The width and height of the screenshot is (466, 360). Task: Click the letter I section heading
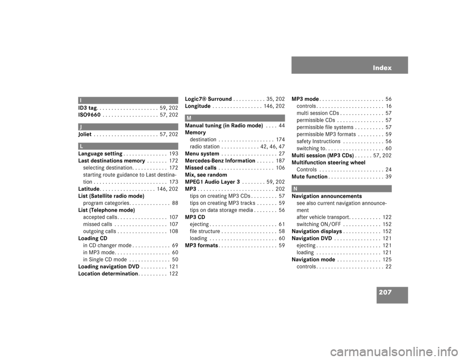click(x=81, y=100)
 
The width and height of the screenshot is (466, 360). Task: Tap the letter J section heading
click(x=81, y=127)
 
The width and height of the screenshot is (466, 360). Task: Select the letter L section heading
click(x=81, y=146)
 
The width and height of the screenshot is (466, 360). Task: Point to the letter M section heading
click(x=188, y=118)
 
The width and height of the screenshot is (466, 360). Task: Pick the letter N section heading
click(x=295, y=189)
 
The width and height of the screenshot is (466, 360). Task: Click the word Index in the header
click(x=382, y=68)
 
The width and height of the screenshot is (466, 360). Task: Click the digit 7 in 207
click(x=389, y=293)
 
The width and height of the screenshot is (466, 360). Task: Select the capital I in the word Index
click(x=374, y=68)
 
